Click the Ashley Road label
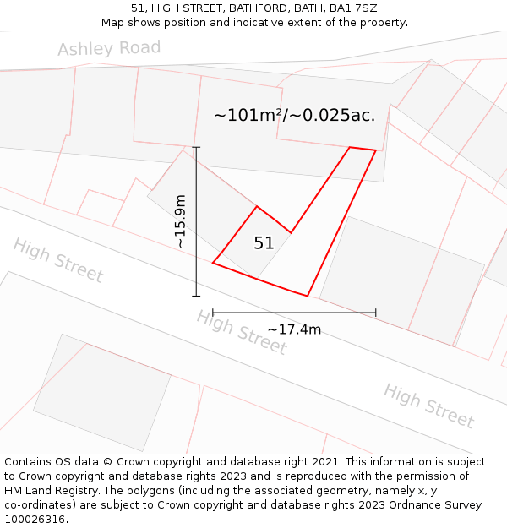click(109, 48)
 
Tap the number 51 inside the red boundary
click(264, 243)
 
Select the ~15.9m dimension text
click(179, 221)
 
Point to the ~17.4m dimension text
click(294, 329)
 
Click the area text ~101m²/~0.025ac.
click(294, 116)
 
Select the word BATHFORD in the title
click(253, 8)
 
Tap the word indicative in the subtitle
click(253, 23)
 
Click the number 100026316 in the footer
click(34, 520)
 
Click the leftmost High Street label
click(57, 260)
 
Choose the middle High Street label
click(242, 332)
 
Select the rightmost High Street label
click(428, 406)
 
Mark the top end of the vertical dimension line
click(196, 147)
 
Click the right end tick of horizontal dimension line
click(376, 313)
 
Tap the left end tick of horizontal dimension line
click(213, 313)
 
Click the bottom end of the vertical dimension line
click(196, 296)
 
